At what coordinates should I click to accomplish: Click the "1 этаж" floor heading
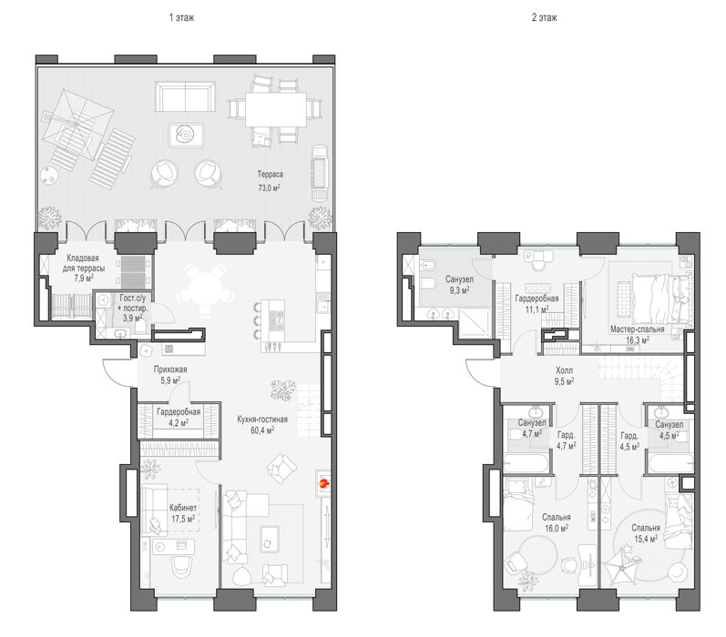[181, 17]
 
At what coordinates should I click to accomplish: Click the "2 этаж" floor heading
[544, 17]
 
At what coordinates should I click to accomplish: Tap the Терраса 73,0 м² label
[270, 181]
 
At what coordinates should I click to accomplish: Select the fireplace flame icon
[323, 484]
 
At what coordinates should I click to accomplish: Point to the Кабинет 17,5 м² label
[183, 513]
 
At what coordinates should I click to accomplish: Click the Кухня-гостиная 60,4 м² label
[262, 425]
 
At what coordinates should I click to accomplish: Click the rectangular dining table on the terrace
[276, 109]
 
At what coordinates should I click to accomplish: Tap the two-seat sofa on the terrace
[185, 96]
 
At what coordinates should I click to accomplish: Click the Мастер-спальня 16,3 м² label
[637, 335]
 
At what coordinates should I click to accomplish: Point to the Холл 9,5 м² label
[564, 376]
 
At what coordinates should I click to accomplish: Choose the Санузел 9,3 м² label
[459, 285]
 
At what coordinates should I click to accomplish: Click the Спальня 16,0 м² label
[556, 522]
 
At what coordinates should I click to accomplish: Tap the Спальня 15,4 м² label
[646, 533]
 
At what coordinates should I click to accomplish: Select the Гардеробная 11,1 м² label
[537, 304]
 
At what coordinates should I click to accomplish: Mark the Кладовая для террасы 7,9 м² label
[83, 268]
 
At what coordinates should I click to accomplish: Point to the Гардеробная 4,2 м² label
[179, 418]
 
